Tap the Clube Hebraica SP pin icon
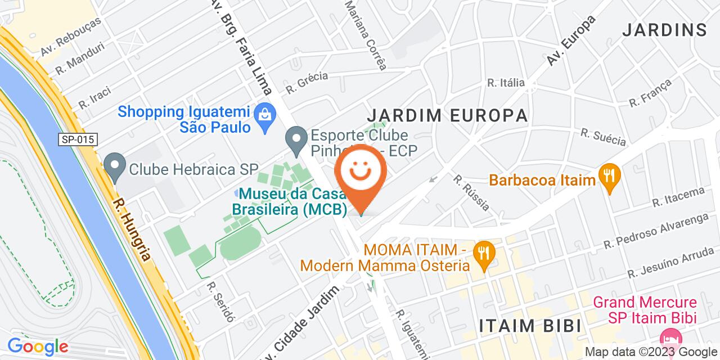click(x=115, y=168)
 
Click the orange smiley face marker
click(x=361, y=174)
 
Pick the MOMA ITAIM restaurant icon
click(x=481, y=251)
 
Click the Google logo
click(x=38, y=346)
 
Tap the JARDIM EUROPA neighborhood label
click(x=447, y=115)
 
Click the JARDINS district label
click(x=664, y=30)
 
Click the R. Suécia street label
click(x=603, y=137)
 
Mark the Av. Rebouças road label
click(x=71, y=37)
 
